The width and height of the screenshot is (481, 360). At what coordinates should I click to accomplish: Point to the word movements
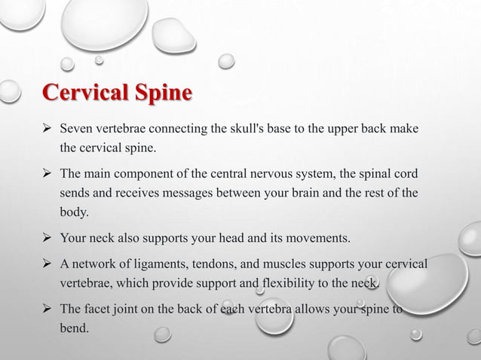319,239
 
